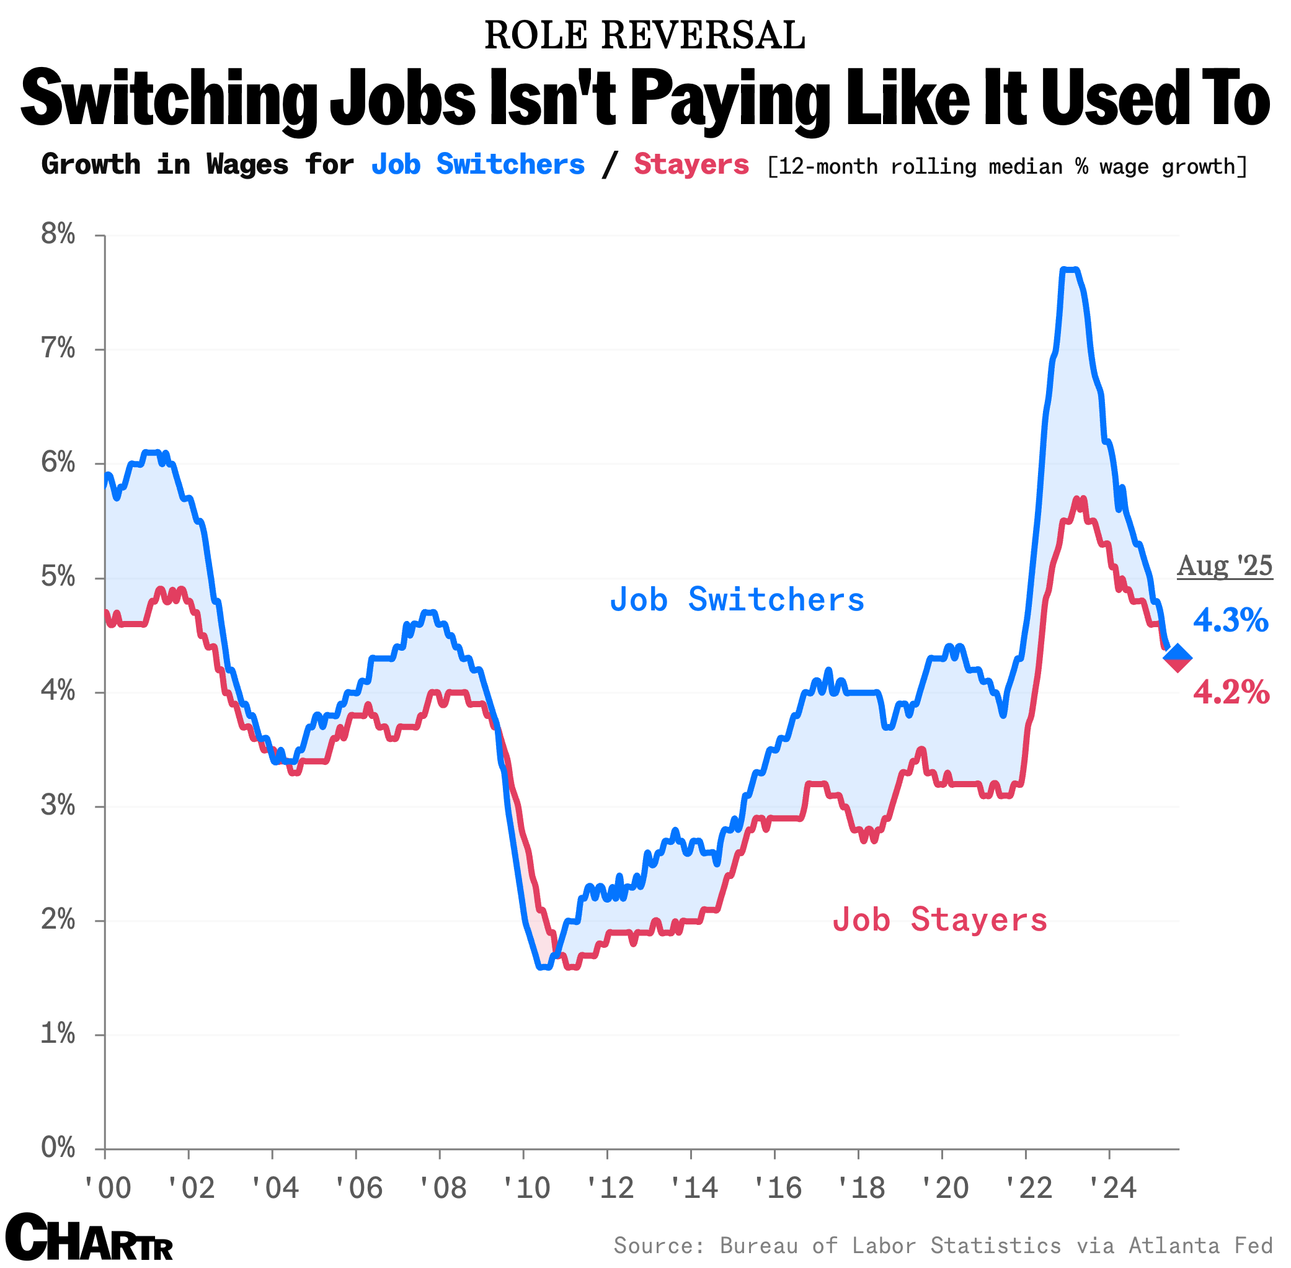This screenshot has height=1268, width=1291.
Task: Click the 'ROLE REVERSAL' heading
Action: pyautogui.click(x=644, y=35)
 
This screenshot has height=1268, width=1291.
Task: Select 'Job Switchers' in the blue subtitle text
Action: pyautogui.click(x=477, y=164)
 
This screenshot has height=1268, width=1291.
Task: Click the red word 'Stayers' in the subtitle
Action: pyautogui.click(x=691, y=164)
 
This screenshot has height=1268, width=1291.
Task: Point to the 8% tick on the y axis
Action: pyautogui.click(x=58, y=234)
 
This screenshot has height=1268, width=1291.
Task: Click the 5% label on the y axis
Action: pyautogui.click(x=58, y=577)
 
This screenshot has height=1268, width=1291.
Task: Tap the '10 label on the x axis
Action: pyautogui.click(x=526, y=1187)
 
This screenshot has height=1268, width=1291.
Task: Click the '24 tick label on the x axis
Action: pyautogui.click(x=1111, y=1187)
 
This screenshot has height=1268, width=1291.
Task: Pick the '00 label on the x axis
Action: pyautogui.click(x=107, y=1187)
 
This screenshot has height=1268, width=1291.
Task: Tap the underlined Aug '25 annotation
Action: pyautogui.click(x=1225, y=565)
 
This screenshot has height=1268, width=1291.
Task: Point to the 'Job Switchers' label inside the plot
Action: pyautogui.click(x=737, y=599)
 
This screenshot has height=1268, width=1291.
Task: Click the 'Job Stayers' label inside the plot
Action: pyautogui.click(x=939, y=920)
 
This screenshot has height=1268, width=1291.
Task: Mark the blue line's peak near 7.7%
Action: pyautogui.click(x=1069, y=270)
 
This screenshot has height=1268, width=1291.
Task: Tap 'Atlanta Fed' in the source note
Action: pyautogui.click(x=1200, y=1244)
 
